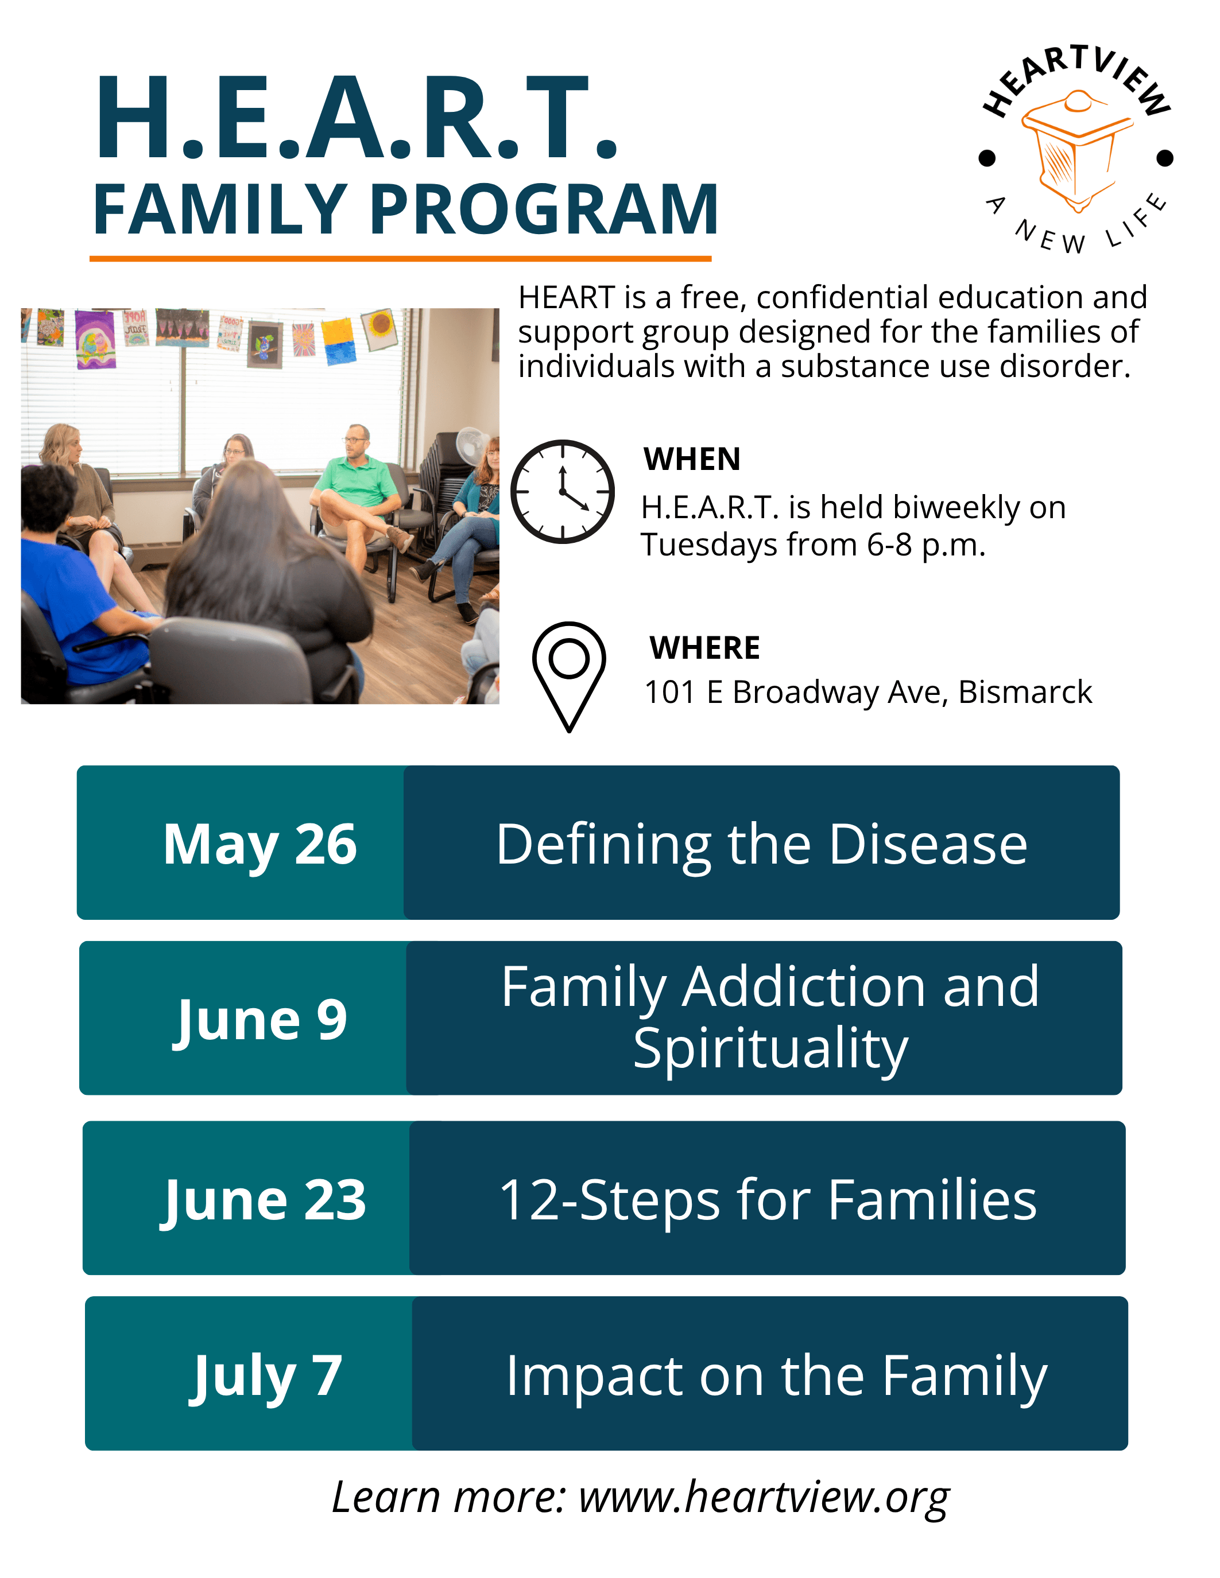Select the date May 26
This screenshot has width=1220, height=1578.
pos(260,844)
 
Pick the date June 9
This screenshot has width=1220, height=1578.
pos(260,1020)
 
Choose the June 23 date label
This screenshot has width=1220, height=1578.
pos(263,1200)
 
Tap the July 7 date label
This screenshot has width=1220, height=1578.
pos(265,1375)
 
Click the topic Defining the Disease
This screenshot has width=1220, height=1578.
pos(762,844)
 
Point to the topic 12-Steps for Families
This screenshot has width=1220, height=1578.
pos(768,1200)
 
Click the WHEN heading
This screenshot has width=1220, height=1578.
pos(692,459)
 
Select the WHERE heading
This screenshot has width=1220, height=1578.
pos(704,648)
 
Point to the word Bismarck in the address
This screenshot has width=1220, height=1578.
pos(1025,692)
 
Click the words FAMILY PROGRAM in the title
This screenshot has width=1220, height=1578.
pos(406,209)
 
